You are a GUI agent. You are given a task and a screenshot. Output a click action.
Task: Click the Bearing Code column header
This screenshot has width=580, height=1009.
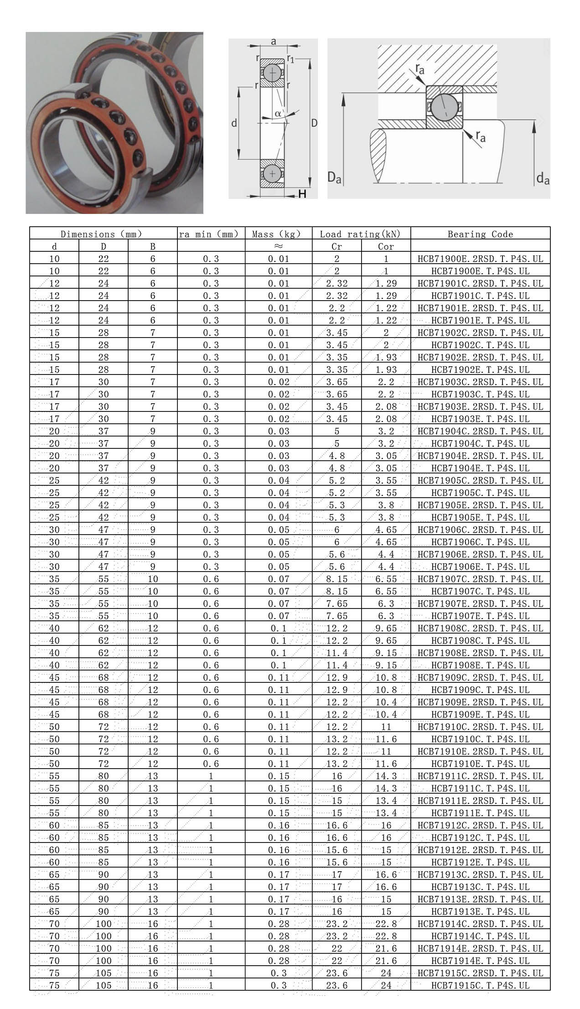coord(480,234)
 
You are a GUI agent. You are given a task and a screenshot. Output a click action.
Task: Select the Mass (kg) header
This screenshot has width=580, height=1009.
coord(277,234)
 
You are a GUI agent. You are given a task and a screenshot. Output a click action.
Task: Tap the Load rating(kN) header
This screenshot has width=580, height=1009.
coord(360,234)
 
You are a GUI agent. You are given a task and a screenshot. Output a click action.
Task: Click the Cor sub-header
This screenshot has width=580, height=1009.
coord(386,247)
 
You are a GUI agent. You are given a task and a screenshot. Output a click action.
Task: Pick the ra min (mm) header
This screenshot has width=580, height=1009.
coord(209,234)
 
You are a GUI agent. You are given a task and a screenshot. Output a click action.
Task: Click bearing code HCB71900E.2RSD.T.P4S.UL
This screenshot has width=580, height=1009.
coord(480,259)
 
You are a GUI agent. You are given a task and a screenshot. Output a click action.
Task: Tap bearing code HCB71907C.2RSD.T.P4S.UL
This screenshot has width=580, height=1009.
coord(480,579)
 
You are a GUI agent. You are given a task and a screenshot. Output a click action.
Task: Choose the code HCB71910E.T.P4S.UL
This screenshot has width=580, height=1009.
coord(480,764)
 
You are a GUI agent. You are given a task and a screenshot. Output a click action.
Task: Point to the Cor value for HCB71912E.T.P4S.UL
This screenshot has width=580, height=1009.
coord(386,863)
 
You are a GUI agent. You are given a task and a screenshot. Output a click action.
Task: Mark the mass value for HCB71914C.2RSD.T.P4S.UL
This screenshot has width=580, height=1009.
coord(278,924)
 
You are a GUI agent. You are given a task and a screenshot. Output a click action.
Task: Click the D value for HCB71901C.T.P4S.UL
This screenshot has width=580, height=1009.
coord(104,296)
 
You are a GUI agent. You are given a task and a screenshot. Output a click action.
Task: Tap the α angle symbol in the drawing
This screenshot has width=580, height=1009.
coord(278,113)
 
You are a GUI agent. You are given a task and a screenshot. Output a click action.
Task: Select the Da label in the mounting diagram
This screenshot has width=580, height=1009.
coord(334,177)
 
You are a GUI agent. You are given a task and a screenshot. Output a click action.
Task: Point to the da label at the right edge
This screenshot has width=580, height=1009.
coord(543,178)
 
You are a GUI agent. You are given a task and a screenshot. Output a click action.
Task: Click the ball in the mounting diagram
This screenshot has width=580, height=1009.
coord(444,108)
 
